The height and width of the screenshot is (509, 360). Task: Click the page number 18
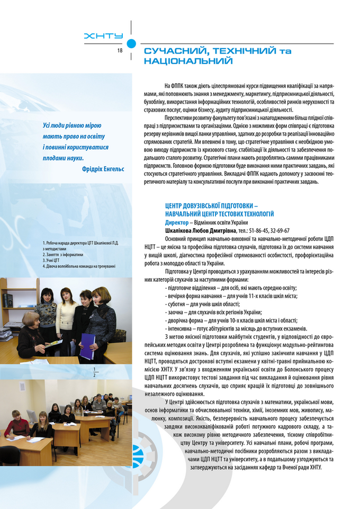(x=120, y=50)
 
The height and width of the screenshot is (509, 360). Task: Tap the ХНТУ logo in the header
(x=104, y=35)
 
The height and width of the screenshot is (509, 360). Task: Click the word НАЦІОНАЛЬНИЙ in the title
(x=188, y=61)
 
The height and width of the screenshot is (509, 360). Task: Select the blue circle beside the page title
(x=132, y=44)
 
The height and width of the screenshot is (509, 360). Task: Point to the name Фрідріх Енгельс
(x=103, y=168)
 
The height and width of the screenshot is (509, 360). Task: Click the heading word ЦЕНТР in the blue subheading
(x=177, y=205)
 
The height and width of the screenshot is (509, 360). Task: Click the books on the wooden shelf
(x=8, y=300)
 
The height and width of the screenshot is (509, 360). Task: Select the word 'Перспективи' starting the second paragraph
(x=179, y=117)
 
